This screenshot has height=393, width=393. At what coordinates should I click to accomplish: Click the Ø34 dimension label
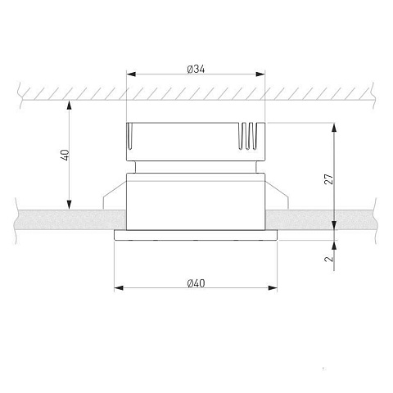[196, 70]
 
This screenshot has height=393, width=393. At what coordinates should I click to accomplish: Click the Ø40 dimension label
[196, 283]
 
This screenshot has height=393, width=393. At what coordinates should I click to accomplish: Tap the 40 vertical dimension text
[65, 155]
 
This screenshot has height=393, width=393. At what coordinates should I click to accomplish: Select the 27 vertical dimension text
[329, 178]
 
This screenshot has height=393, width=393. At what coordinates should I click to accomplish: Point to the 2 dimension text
[329, 259]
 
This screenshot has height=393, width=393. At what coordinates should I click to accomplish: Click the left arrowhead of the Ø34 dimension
[131, 75]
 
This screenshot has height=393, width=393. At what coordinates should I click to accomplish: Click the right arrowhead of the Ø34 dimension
[260, 75]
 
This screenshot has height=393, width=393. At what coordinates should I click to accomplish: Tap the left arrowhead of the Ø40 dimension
[119, 288]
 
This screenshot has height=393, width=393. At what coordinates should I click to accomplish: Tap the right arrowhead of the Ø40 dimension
[273, 288]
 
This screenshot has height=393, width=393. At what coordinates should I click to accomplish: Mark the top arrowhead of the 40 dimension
[70, 105]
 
